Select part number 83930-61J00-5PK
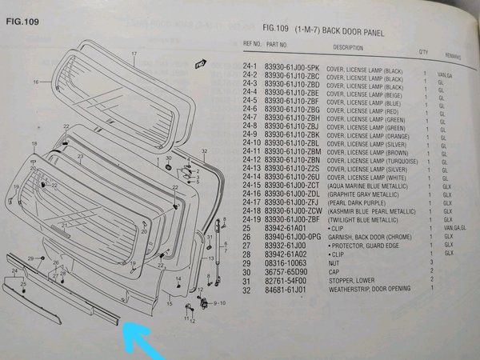click(292, 67)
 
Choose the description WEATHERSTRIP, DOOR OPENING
click(369, 290)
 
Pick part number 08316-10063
click(284, 262)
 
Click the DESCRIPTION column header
click(348, 48)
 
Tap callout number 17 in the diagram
click(135, 54)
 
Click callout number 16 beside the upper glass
click(36, 82)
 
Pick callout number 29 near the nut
click(30, 258)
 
